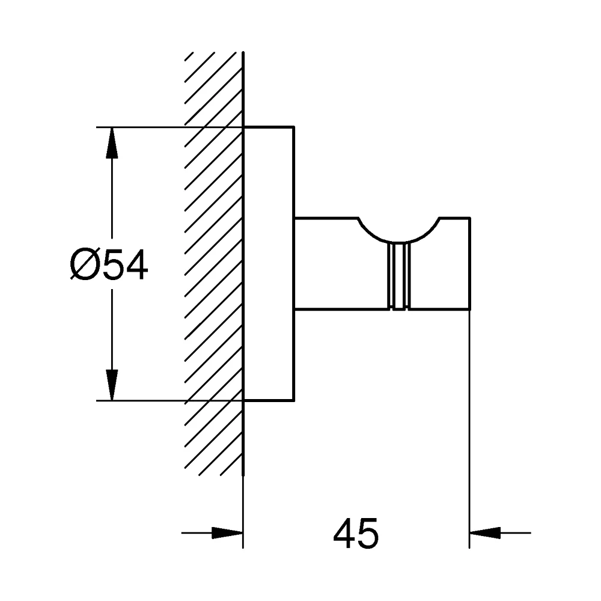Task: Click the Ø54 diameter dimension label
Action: tap(109, 264)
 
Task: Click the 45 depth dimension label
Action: tap(356, 533)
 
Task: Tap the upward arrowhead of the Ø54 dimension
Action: tap(112, 142)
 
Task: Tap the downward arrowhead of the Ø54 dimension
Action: tap(112, 385)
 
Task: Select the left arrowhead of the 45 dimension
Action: tap(228, 532)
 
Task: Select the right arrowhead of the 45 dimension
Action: tap(485, 532)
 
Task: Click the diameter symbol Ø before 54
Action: tap(84, 264)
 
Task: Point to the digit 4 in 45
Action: tap(344, 533)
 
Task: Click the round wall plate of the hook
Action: tap(269, 264)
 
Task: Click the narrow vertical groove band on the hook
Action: tap(398, 276)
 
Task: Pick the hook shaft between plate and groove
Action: tap(341, 263)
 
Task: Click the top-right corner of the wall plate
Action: tap(294, 126)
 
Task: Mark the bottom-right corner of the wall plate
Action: tap(294, 401)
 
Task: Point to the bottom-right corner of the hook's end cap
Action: tap(470, 309)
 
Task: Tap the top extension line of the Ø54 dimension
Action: tap(170, 126)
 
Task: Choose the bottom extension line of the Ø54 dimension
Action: tap(170, 400)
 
